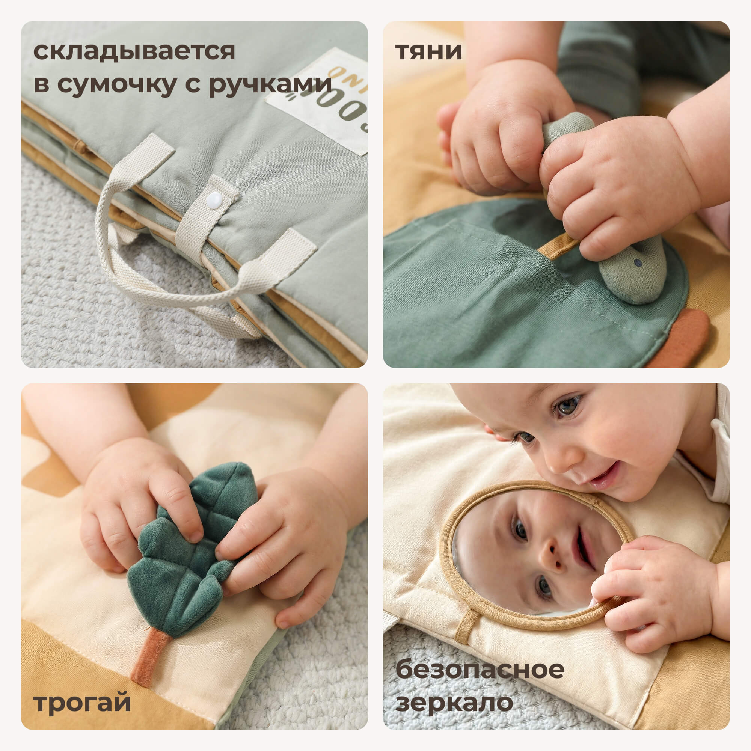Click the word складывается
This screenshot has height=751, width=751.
click(x=134, y=52)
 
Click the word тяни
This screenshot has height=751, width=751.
click(x=428, y=52)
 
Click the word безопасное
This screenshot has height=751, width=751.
click(x=480, y=670)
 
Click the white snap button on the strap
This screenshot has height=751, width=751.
click(x=214, y=201)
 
